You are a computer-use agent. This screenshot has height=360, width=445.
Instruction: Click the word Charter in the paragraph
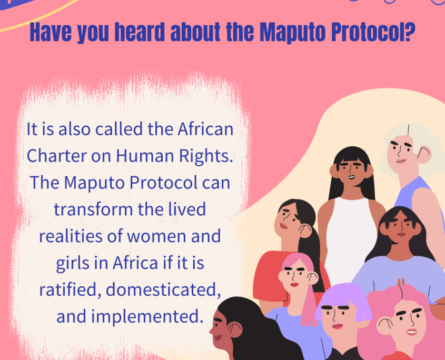[x=56, y=156]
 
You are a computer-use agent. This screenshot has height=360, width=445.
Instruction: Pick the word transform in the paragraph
[x=93, y=209]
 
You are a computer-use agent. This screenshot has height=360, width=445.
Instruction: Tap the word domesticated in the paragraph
[x=163, y=289]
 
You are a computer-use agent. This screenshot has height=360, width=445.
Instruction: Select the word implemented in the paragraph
[x=147, y=316]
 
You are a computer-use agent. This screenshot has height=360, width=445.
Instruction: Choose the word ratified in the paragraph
[x=71, y=289]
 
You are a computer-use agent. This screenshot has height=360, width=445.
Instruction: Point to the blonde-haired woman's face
[x=402, y=153]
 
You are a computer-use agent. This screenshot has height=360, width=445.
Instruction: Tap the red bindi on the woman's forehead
[x=401, y=217]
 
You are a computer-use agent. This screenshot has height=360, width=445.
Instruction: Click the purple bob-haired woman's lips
[x=337, y=326]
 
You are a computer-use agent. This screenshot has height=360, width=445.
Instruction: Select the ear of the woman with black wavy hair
[x=235, y=329]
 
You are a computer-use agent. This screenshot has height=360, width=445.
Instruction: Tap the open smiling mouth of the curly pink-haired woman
[x=411, y=332]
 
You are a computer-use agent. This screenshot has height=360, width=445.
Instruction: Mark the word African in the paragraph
[x=205, y=129]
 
